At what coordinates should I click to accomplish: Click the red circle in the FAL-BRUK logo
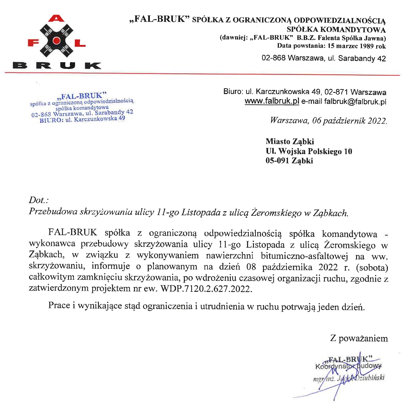pos(56,41)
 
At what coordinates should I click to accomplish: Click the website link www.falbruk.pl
pos(272,101)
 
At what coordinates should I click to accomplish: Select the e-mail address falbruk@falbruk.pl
pos(355,101)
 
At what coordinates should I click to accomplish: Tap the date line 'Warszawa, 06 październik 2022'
pos(328,120)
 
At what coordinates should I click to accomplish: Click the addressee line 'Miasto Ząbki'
pos(290,141)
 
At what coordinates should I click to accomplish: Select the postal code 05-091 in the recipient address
pos(277,160)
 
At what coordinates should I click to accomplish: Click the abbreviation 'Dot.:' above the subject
pos(39,200)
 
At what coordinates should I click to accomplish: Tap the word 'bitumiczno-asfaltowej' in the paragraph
pos(304,256)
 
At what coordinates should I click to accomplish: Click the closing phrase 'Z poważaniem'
pos(359,338)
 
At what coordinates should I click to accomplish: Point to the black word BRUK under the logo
pos(57,65)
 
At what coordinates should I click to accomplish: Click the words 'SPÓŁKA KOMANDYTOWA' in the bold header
pos(336,29)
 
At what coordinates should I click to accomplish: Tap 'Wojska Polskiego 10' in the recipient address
pos(315,151)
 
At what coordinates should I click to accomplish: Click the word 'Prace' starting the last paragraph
pos(59,305)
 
